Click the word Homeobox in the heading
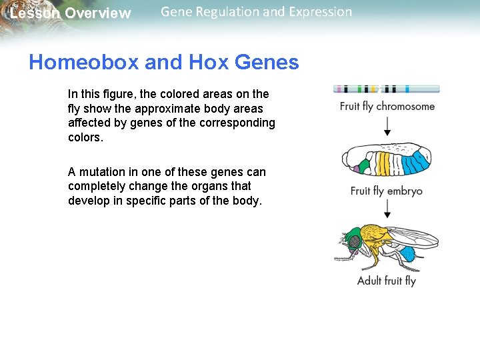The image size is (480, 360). pyautogui.click(x=84, y=63)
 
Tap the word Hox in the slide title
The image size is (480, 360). pyautogui.click(x=207, y=63)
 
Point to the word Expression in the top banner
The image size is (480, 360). pyautogui.click(x=317, y=12)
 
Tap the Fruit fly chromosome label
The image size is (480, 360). pyautogui.click(x=387, y=107)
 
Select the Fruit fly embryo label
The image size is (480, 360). pyautogui.click(x=387, y=191)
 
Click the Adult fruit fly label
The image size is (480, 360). pyautogui.click(x=387, y=281)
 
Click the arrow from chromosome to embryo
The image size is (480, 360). pyautogui.click(x=387, y=125)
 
